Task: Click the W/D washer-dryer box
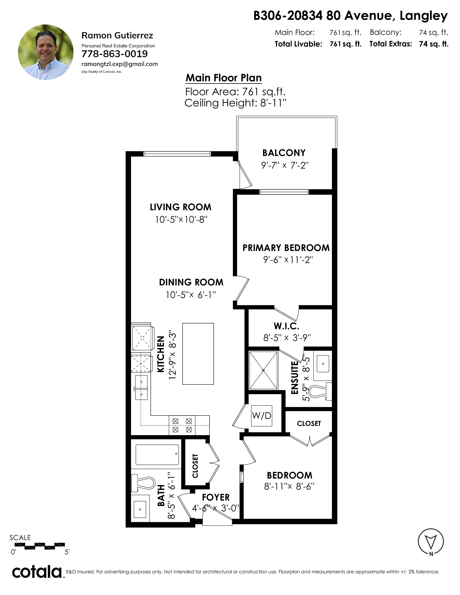262,415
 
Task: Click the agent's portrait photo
45,52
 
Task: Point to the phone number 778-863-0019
114,54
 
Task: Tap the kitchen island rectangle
198,354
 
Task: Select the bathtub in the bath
157,455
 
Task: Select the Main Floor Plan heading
224,78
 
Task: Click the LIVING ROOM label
180,207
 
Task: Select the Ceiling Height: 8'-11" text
235,103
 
